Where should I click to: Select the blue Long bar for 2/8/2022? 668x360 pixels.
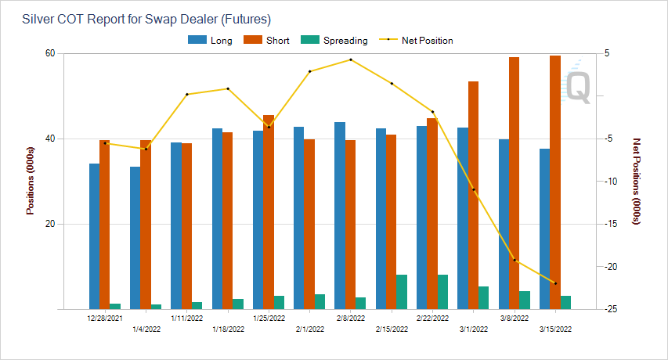click(x=340, y=215)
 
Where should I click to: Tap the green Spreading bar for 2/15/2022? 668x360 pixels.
click(x=402, y=292)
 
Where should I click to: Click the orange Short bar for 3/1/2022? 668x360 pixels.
click(x=473, y=195)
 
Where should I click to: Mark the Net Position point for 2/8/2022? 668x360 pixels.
click(x=350, y=59)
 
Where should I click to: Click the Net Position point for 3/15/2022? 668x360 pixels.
click(x=555, y=283)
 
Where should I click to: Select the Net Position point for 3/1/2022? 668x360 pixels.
click(x=473, y=189)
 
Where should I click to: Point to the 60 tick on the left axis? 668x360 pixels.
click(x=49, y=53)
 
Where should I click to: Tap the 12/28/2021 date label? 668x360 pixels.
click(x=105, y=319)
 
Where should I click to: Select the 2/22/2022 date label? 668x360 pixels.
click(x=432, y=319)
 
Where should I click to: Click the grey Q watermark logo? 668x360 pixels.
click(x=579, y=85)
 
